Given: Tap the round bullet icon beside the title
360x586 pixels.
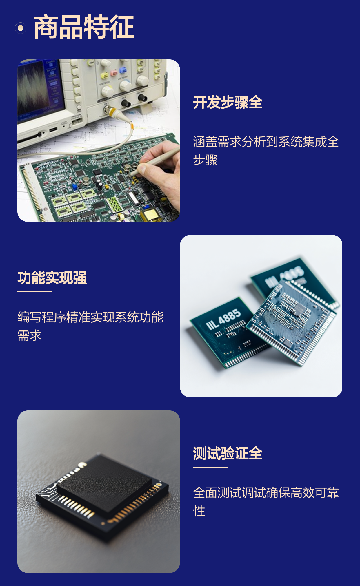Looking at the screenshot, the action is click(x=21, y=28).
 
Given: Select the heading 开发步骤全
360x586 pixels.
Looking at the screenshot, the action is click(x=228, y=102).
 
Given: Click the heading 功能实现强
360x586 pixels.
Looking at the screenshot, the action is click(x=52, y=278).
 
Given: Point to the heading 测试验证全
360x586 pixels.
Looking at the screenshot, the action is click(x=228, y=453).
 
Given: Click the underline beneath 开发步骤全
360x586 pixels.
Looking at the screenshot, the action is click(x=210, y=116).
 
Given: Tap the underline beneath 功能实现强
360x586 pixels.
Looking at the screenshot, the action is click(x=35, y=291).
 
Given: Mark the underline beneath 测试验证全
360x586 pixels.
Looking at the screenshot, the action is click(x=210, y=467).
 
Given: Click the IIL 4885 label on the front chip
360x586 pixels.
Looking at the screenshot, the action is click(x=223, y=319).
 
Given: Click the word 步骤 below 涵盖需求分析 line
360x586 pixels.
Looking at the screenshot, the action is click(x=205, y=160).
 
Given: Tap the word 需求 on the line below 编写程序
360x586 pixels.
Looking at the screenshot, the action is click(x=30, y=335).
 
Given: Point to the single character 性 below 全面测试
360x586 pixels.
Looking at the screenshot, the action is click(x=199, y=511).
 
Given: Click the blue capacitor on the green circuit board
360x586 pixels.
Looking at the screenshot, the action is click(x=75, y=186).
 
